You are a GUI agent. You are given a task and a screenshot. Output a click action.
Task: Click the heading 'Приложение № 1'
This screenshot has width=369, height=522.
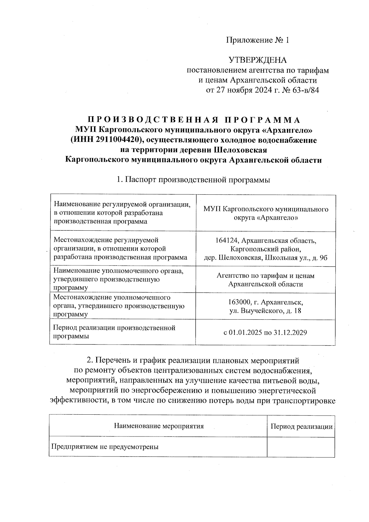point(258,40)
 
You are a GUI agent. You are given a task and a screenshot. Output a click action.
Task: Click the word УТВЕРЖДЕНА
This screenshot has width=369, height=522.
point(258,60)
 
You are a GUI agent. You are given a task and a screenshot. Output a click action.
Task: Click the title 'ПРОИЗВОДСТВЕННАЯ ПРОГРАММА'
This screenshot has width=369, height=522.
point(194,120)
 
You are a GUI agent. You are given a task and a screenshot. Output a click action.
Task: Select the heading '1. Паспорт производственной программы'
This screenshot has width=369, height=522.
point(193,180)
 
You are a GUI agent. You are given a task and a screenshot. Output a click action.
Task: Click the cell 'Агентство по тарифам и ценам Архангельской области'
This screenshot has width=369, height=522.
point(265,280)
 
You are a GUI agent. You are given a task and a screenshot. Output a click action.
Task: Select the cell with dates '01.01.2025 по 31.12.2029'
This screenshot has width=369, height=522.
point(265,333)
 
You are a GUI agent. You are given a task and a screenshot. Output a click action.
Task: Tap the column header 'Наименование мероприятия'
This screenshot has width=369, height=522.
point(159,426)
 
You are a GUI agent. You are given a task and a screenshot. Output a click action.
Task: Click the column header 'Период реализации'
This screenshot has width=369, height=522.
point(301,426)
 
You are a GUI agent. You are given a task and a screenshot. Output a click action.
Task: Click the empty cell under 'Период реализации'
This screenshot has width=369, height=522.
point(301,447)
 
